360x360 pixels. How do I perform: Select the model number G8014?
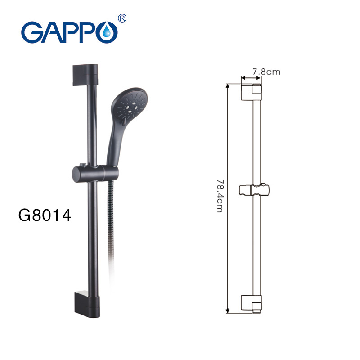(45, 215)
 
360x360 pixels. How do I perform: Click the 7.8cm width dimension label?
(266, 71)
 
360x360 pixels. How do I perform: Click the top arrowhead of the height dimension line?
(228, 85)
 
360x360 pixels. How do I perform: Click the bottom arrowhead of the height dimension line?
(228, 310)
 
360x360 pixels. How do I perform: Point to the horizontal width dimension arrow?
(251, 77)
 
